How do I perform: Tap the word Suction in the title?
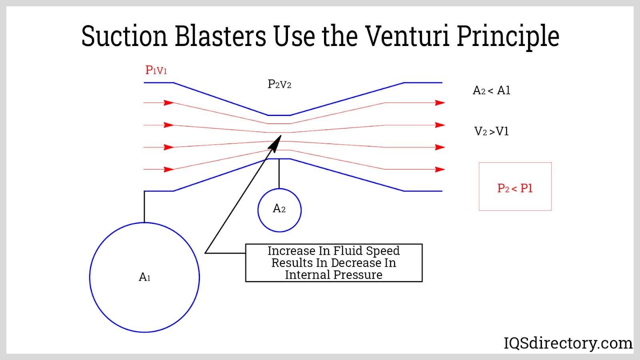click(x=124, y=36)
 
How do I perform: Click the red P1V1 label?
click(x=156, y=70)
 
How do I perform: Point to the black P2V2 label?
click(x=279, y=84)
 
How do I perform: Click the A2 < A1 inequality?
click(x=491, y=91)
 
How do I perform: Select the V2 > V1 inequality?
click(x=491, y=132)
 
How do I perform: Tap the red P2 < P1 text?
click(x=515, y=188)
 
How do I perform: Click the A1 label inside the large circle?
click(x=144, y=277)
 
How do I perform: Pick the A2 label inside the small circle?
click(x=279, y=209)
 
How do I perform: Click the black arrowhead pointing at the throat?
click(x=276, y=143)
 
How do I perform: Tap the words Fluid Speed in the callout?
click(x=366, y=251)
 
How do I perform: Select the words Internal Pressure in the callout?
click(x=334, y=275)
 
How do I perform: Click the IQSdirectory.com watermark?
click(x=568, y=343)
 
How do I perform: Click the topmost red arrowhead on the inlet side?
click(x=168, y=103)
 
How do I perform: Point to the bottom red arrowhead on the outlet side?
click(x=440, y=170)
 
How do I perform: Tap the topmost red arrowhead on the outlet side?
click(x=440, y=103)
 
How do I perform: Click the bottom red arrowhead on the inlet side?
click(x=168, y=170)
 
